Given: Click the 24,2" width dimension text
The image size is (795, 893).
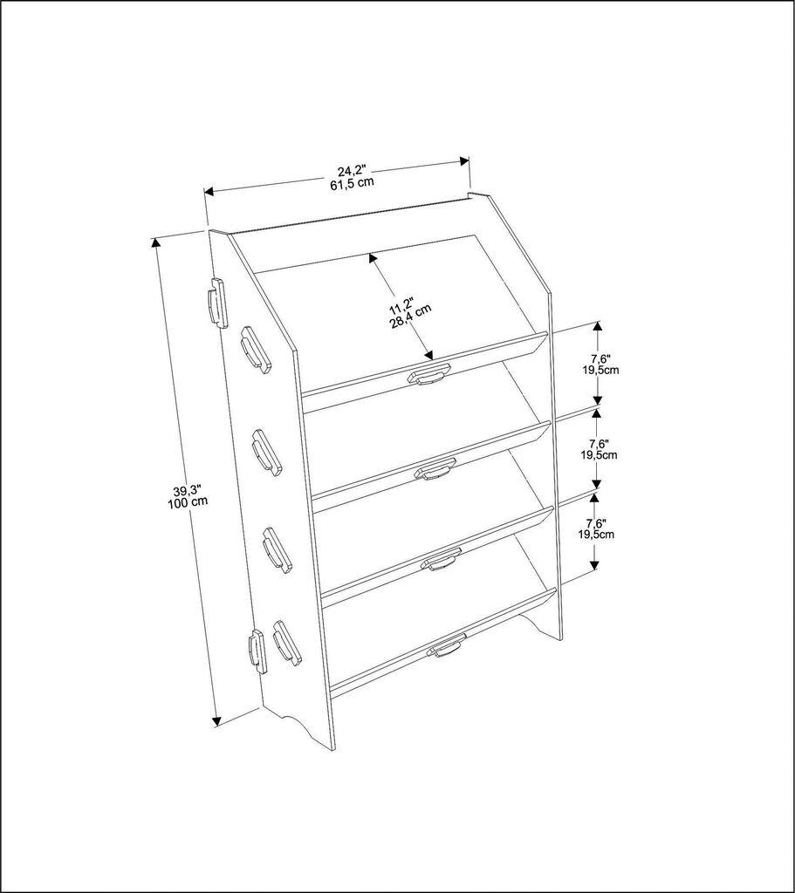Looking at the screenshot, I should point(352,171).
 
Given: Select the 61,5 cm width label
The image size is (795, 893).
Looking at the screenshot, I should point(352,183).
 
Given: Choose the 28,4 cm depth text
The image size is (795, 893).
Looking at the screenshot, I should point(415,317).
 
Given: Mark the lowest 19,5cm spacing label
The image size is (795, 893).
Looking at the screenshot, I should point(599,535).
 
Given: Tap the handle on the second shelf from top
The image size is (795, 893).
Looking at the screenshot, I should point(435,471).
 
